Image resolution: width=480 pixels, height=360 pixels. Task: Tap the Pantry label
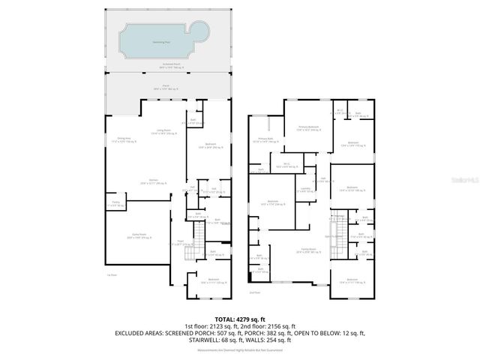pos(115,203)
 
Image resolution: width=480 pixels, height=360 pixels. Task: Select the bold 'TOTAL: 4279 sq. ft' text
pos(239,319)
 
